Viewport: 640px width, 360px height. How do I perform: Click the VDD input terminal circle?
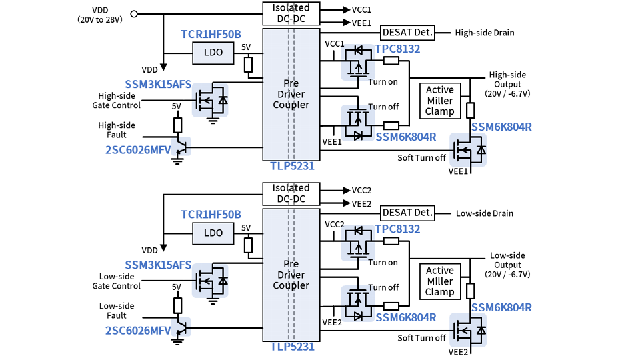coord(134,13)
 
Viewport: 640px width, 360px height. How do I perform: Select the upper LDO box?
coord(213,53)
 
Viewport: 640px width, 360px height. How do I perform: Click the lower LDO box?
coord(213,233)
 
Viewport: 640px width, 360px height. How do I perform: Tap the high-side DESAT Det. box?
coord(407,32)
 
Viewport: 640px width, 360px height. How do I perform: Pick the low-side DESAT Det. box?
coord(407,213)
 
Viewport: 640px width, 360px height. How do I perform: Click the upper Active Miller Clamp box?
coord(439,101)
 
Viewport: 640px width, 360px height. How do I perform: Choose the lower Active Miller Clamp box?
coord(439,281)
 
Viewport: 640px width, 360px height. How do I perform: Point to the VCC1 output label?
coord(361,10)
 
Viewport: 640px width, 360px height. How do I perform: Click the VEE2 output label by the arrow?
coord(361,203)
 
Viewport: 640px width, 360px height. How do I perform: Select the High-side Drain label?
coord(485,33)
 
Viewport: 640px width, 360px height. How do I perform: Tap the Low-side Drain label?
coord(485,213)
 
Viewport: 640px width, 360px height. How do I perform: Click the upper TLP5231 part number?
coord(292,166)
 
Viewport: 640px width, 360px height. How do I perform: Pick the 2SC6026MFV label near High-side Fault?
coord(138,149)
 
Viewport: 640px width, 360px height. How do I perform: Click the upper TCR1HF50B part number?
coord(211,34)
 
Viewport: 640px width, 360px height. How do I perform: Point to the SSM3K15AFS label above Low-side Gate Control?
coord(158,265)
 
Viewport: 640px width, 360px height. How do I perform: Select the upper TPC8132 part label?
coord(397,49)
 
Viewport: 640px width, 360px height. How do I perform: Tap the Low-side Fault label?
coord(117,311)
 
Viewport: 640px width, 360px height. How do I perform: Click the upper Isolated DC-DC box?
coord(291,13)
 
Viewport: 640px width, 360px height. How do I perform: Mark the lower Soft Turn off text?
coord(422,338)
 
